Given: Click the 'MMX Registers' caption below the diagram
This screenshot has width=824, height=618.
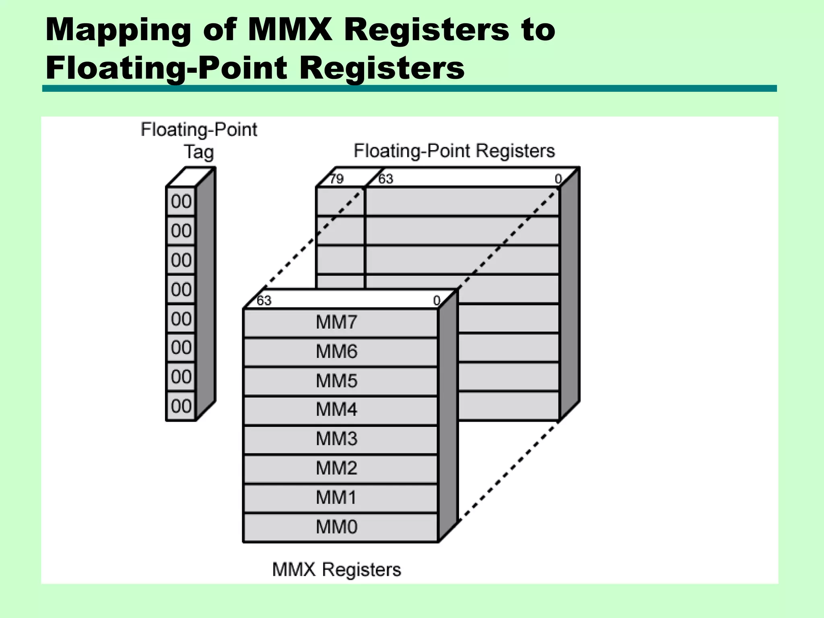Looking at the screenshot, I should click(x=336, y=570).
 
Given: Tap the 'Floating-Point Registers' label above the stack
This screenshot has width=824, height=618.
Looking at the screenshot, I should click(x=454, y=151).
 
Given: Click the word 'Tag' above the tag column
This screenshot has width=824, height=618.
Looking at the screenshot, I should click(x=199, y=152).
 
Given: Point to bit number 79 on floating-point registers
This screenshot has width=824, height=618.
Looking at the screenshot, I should click(x=336, y=179).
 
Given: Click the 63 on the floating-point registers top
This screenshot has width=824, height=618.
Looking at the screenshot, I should click(x=385, y=179).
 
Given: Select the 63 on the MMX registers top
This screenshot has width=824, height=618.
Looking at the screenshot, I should click(x=264, y=301).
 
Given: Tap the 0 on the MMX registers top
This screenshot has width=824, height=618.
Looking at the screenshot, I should click(x=437, y=301).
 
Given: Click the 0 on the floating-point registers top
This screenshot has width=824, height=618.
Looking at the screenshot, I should click(x=558, y=179).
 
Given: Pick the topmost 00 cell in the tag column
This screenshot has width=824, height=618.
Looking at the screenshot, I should click(x=181, y=202).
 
